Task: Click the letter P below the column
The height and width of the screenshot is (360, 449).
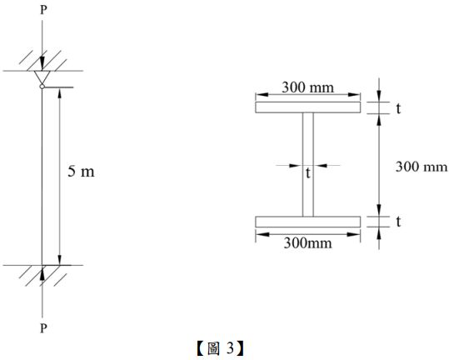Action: pyautogui.click(x=42, y=328)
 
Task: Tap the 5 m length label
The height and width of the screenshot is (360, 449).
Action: pyautogui.click(x=81, y=173)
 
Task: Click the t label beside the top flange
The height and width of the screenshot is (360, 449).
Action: pyautogui.click(x=399, y=107)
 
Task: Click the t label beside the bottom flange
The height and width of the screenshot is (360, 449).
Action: pyautogui.click(x=399, y=222)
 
